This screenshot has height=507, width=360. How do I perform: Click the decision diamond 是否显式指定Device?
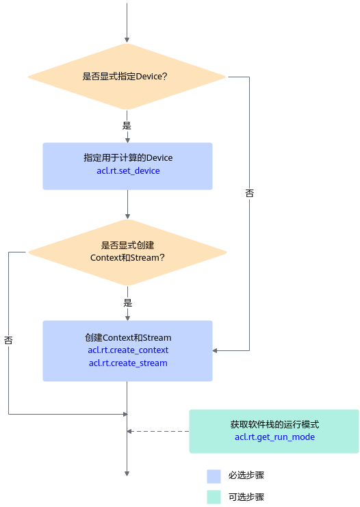(127, 77)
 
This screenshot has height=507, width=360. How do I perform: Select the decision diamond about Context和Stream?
(127, 252)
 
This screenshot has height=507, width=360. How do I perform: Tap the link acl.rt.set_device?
(128, 171)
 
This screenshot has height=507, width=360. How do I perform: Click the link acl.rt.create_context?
(128, 350)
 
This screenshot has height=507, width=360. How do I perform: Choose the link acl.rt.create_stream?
(128, 363)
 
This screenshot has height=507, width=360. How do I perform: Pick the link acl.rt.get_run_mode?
(274, 437)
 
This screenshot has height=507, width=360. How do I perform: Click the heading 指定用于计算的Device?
(128, 158)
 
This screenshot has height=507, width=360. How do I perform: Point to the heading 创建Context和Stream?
(128, 337)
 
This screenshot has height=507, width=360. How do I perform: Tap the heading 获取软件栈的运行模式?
(274, 424)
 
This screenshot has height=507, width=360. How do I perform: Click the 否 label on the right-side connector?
(249, 194)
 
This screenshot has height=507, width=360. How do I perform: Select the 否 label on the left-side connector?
(8, 340)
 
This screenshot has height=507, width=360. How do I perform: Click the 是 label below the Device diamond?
(127, 125)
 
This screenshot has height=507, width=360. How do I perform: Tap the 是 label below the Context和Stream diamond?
(128, 303)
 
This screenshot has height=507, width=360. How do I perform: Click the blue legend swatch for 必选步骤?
(214, 476)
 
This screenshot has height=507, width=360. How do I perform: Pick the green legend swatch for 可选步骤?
(214, 497)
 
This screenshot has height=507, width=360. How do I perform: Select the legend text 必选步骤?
(246, 476)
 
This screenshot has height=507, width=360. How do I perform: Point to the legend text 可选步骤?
(246, 497)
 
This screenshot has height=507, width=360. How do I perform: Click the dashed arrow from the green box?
(158, 431)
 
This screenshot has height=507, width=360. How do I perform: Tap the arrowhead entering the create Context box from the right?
(215, 350)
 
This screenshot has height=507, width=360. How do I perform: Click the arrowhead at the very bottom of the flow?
(127, 473)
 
